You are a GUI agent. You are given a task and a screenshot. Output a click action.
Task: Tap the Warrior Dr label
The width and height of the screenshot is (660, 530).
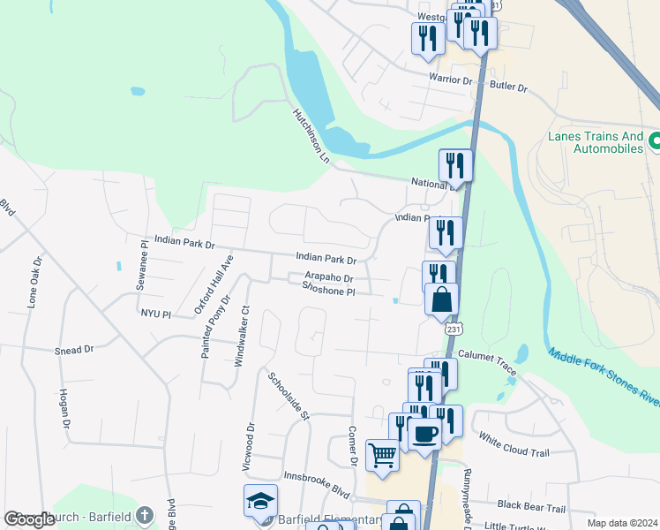tap(451, 79)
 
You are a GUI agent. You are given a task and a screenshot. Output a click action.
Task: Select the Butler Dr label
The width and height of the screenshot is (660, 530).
tap(509, 88)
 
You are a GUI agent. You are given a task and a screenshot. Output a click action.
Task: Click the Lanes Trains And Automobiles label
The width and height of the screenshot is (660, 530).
tap(596, 143)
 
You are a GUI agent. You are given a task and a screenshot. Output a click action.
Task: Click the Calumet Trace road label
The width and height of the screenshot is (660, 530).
tap(487, 361)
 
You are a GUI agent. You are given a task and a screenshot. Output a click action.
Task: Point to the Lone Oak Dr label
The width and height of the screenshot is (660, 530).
tap(34, 282)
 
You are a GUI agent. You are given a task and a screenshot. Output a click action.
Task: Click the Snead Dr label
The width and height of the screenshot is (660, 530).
tap(74, 350)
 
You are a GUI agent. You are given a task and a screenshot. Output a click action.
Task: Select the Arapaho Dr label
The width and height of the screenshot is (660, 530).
tap(329, 277)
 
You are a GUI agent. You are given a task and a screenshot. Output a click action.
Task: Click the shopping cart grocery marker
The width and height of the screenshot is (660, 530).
tap(383, 455)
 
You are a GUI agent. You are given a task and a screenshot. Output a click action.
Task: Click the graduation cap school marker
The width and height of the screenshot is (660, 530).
tap(261, 500)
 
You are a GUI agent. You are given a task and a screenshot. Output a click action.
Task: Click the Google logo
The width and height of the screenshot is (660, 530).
tap(30, 519)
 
